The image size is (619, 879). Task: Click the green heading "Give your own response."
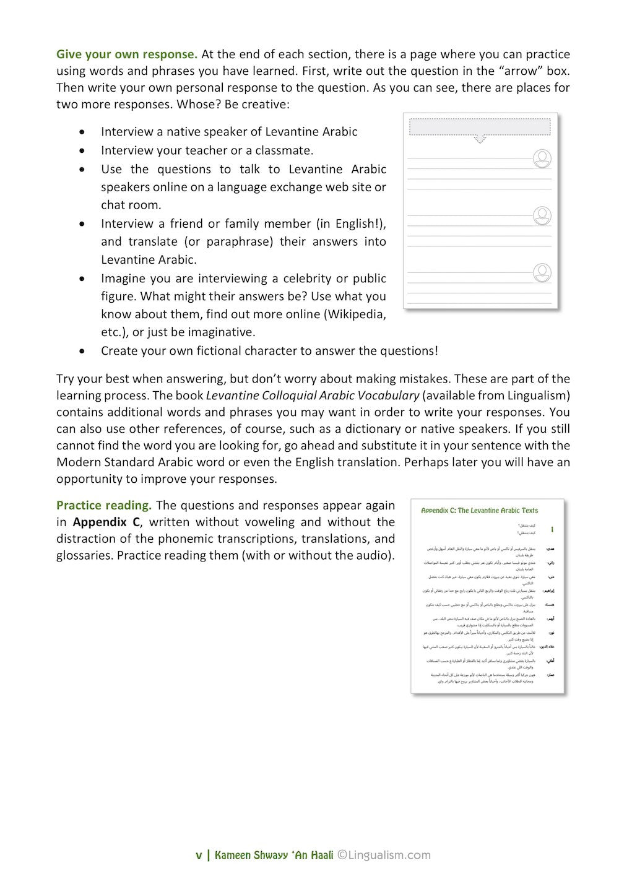click(x=127, y=54)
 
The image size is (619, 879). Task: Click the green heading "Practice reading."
click(x=103, y=505)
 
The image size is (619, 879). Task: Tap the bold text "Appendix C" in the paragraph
click(x=106, y=522)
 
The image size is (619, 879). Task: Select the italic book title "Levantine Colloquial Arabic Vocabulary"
click(x=313, y=395)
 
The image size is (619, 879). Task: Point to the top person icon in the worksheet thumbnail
click(x=542, y=158)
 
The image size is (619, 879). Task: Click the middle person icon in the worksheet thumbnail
click(x=542, y=216)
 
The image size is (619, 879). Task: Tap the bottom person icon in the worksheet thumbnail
click(x=542, y=272)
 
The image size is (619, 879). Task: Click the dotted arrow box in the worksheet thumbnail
click(x=480, y=128)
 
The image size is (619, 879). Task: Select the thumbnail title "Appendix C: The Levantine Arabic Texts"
click(x=479, y=511)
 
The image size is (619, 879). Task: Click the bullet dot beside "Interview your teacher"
click(x=82, y=150)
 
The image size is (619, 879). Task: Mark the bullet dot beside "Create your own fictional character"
click(x=82, y=351)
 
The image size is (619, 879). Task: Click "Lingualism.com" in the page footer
click(x=389, y=855)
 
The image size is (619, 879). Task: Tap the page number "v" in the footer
click(x=199, y=855)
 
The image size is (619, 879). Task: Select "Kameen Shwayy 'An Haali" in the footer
click(x=274, y=855)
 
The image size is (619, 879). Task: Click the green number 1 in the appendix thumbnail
click(x=552, y=530)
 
